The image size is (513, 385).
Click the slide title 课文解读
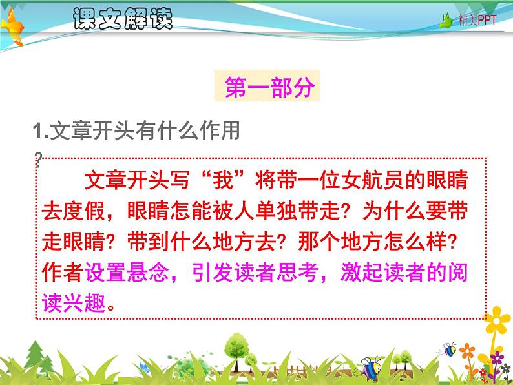click(123, 19)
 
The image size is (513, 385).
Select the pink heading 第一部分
click(268, 88)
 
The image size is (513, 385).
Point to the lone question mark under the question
click(39, 158)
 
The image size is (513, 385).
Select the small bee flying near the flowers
click(450, 349)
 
